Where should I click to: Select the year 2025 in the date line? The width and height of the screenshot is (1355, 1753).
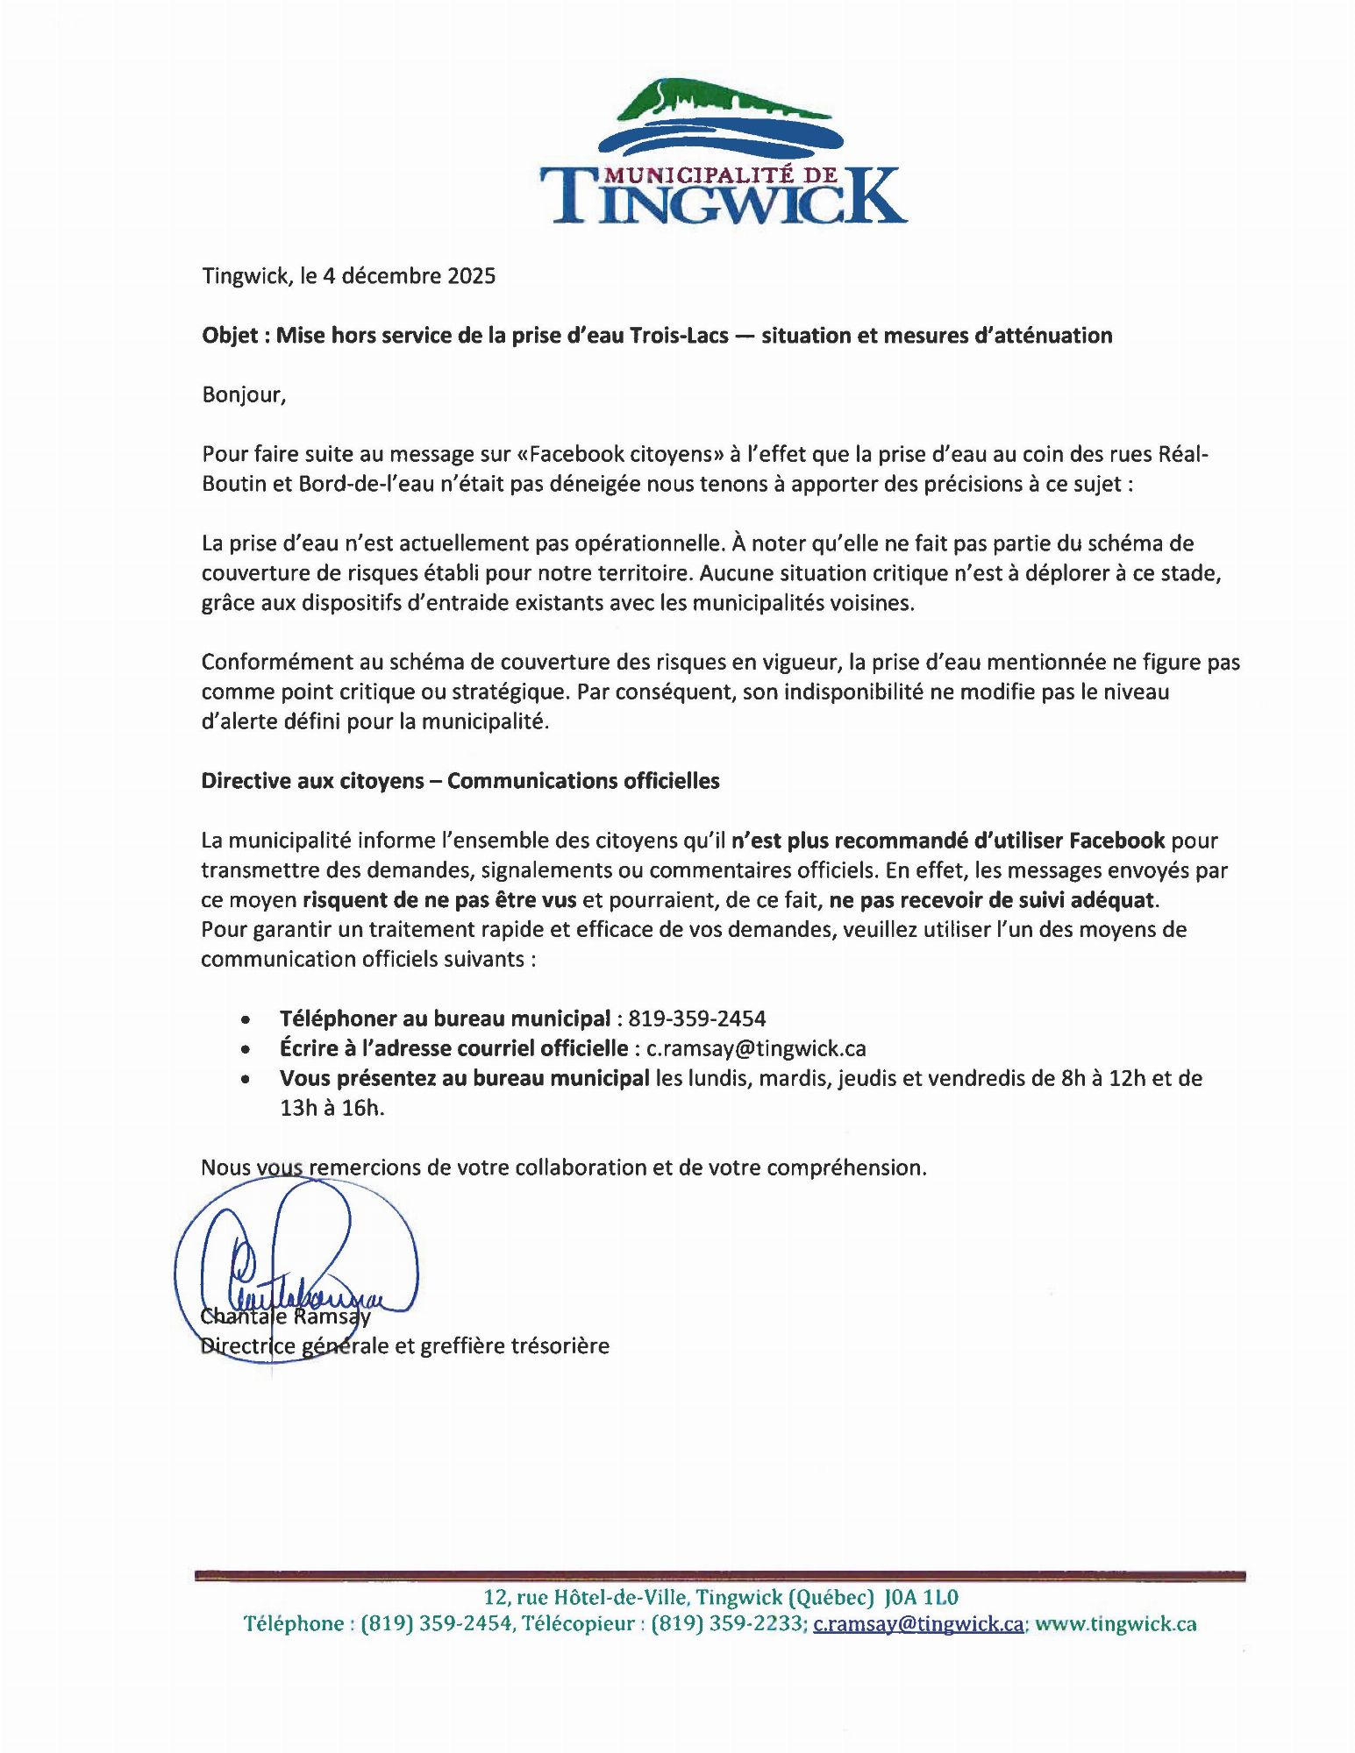[472, 276]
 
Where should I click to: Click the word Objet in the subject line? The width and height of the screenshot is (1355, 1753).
[230, 336]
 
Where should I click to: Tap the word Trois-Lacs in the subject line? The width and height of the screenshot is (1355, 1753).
[678, 336]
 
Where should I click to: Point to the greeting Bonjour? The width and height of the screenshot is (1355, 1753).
[244, 394]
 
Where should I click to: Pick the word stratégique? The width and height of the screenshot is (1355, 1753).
[507, 692]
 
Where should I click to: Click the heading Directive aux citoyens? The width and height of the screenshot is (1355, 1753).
[312, 781]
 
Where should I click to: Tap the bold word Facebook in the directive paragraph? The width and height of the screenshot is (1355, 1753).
[1116, 841]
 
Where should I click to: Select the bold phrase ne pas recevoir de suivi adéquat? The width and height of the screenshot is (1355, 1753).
[993, 900]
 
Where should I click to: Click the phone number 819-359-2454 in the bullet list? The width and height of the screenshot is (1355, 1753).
[697, 1018]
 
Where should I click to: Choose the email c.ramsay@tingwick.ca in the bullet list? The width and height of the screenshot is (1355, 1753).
[756, 1048]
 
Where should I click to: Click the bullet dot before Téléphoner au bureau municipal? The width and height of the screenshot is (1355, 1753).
[247, 1020]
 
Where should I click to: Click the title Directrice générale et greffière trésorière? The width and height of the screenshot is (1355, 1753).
[405, 1345]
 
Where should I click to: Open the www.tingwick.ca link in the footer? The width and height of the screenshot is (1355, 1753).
[1116, 1624]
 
